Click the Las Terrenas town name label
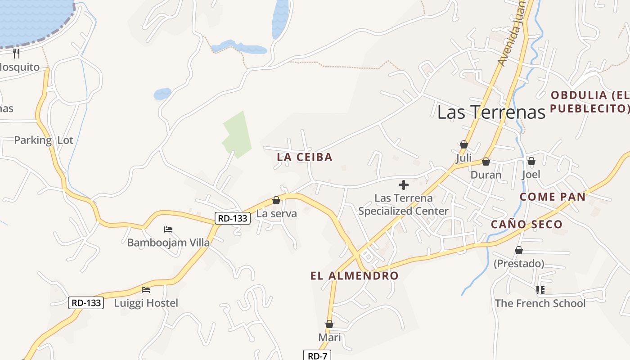click(x=491, y=112)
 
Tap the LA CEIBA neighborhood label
click(x=305, y=157)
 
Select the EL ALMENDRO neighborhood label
click(x=355, y=275)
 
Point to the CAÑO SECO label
click(x=526, y=224)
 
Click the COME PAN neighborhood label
click(x=553, y=197)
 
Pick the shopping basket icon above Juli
click(x=464, y=145)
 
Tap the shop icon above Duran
click(x=486, y=162)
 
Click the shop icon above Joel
click(x=531, y=161)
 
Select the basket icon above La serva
click(x=276, y=201)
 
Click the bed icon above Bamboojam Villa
click(x=168, y=229)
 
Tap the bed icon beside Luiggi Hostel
click(x=146, y=290)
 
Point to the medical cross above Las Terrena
click(x=404, y=184)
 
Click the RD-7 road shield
click(x=317, y=355)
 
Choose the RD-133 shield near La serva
click(x=232, y=218)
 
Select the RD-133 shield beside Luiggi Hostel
click(x=86, y=303)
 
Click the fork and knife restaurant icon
click(x=17, y=54)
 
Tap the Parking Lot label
click(x=43, y=140)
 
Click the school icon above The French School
click(x=540, y=290)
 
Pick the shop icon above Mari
click(x=329, y=324)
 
